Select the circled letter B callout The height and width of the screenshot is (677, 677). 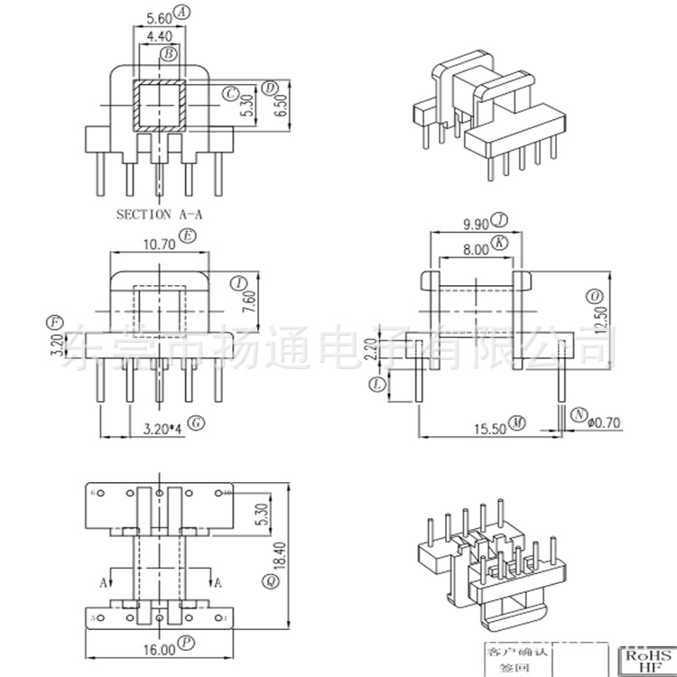[x=169, y=54]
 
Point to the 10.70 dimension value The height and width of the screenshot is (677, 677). [x=159, y=242]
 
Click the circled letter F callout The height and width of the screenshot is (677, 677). [x=56, y=322]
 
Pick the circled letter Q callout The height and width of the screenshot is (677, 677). [x=269, y=583]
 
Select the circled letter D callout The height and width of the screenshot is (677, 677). [x=269, y=88]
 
